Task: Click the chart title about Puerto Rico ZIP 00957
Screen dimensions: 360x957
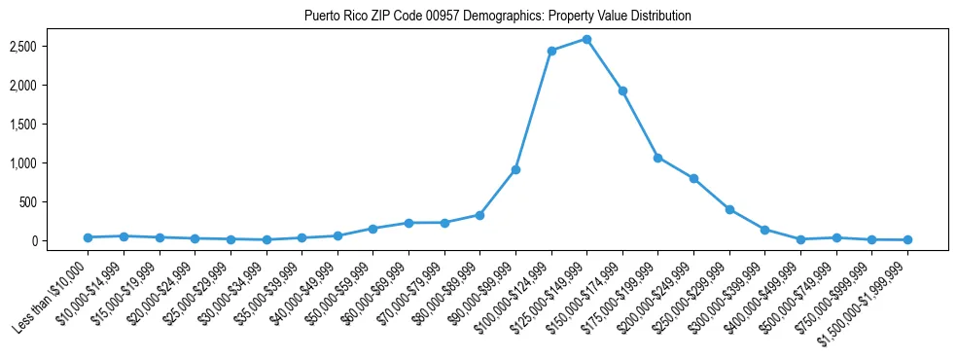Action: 497,16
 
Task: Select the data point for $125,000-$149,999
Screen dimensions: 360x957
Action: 586,39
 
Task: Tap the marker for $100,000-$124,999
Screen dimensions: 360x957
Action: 551,51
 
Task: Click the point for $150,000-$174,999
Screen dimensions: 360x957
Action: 622,90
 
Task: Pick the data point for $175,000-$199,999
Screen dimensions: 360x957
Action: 658,158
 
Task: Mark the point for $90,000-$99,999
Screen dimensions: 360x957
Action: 515,169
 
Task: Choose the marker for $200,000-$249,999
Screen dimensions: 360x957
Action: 693,178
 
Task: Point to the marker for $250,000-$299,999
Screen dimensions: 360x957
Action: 729,209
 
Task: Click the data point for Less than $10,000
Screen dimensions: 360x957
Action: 88,237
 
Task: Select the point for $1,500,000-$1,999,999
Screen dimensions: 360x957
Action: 907,239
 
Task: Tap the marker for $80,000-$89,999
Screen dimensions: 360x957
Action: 479,215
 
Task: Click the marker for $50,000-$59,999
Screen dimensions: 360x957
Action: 372,229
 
